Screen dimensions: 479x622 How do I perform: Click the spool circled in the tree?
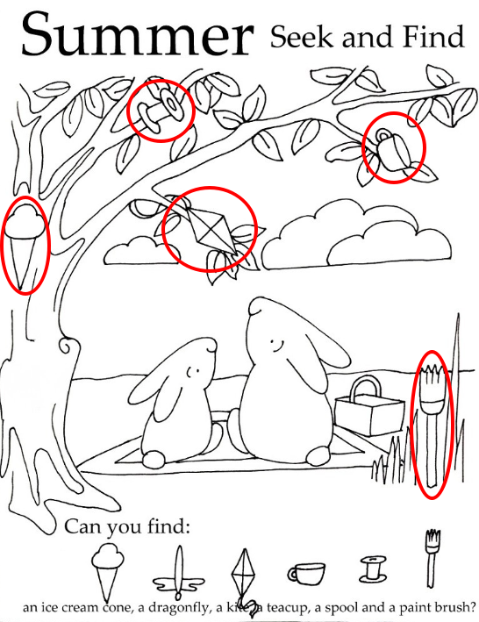click(160, 109)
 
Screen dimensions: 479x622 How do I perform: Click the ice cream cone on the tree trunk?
click(25, 244)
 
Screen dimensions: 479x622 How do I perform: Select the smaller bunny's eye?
click(193, 372)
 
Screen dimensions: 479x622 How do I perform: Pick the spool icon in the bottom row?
click(372, 569)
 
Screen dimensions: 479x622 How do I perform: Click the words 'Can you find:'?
click(126, 526)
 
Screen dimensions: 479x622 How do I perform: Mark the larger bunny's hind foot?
click(318, 456)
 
